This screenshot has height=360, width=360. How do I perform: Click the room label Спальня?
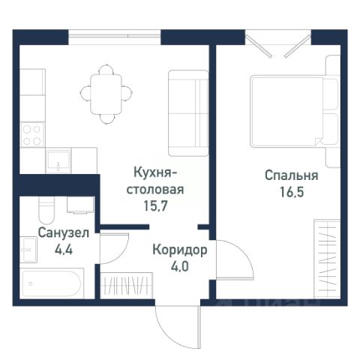pos(292,175)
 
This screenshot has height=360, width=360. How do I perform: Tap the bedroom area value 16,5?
pos(292,192)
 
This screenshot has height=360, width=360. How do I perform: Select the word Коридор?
pos(180,250)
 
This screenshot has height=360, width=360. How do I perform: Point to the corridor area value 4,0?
pos(180,267)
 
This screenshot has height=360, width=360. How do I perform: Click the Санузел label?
pos(64,233)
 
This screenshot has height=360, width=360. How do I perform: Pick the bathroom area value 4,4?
pos(64,250)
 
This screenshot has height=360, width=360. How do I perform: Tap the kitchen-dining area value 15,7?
pos(155,205)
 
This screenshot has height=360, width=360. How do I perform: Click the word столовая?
pos(155,190)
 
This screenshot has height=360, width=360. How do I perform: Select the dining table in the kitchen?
pos(106,94)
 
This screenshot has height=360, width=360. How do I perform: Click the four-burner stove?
pos(32,135)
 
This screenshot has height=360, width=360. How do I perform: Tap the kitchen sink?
pos(58,160)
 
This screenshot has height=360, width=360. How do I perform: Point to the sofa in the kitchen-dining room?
pos(188,113)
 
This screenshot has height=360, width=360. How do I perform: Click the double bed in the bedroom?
pos(295,112)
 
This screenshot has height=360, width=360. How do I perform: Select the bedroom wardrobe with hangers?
pos(327,259)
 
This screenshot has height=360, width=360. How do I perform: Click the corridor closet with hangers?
pos(127,286)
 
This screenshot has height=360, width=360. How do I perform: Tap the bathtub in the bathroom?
pos(52,283)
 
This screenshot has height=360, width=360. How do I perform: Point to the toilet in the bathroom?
pos(46,210)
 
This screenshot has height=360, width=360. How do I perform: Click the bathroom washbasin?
pos(28,250)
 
